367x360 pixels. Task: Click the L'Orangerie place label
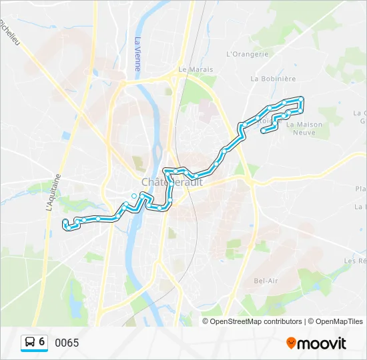coord(247,54)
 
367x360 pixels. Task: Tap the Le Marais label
coord(195,69)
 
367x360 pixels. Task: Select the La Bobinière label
coord(273,78)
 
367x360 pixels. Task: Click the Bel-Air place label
coord(266,281)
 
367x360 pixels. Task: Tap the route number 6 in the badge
coord(42,342)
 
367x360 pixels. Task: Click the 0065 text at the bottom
coord(67,343)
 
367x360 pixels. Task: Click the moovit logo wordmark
coord(322,343)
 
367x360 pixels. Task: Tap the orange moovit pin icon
coord(291,343)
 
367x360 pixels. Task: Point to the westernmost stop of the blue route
coord(64,221)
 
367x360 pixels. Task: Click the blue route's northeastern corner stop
coord(301,99)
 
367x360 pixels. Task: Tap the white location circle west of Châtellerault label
coord(134,195)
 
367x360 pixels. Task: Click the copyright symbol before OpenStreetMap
coord(206,321)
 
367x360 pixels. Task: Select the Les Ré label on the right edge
coord(355,261)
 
